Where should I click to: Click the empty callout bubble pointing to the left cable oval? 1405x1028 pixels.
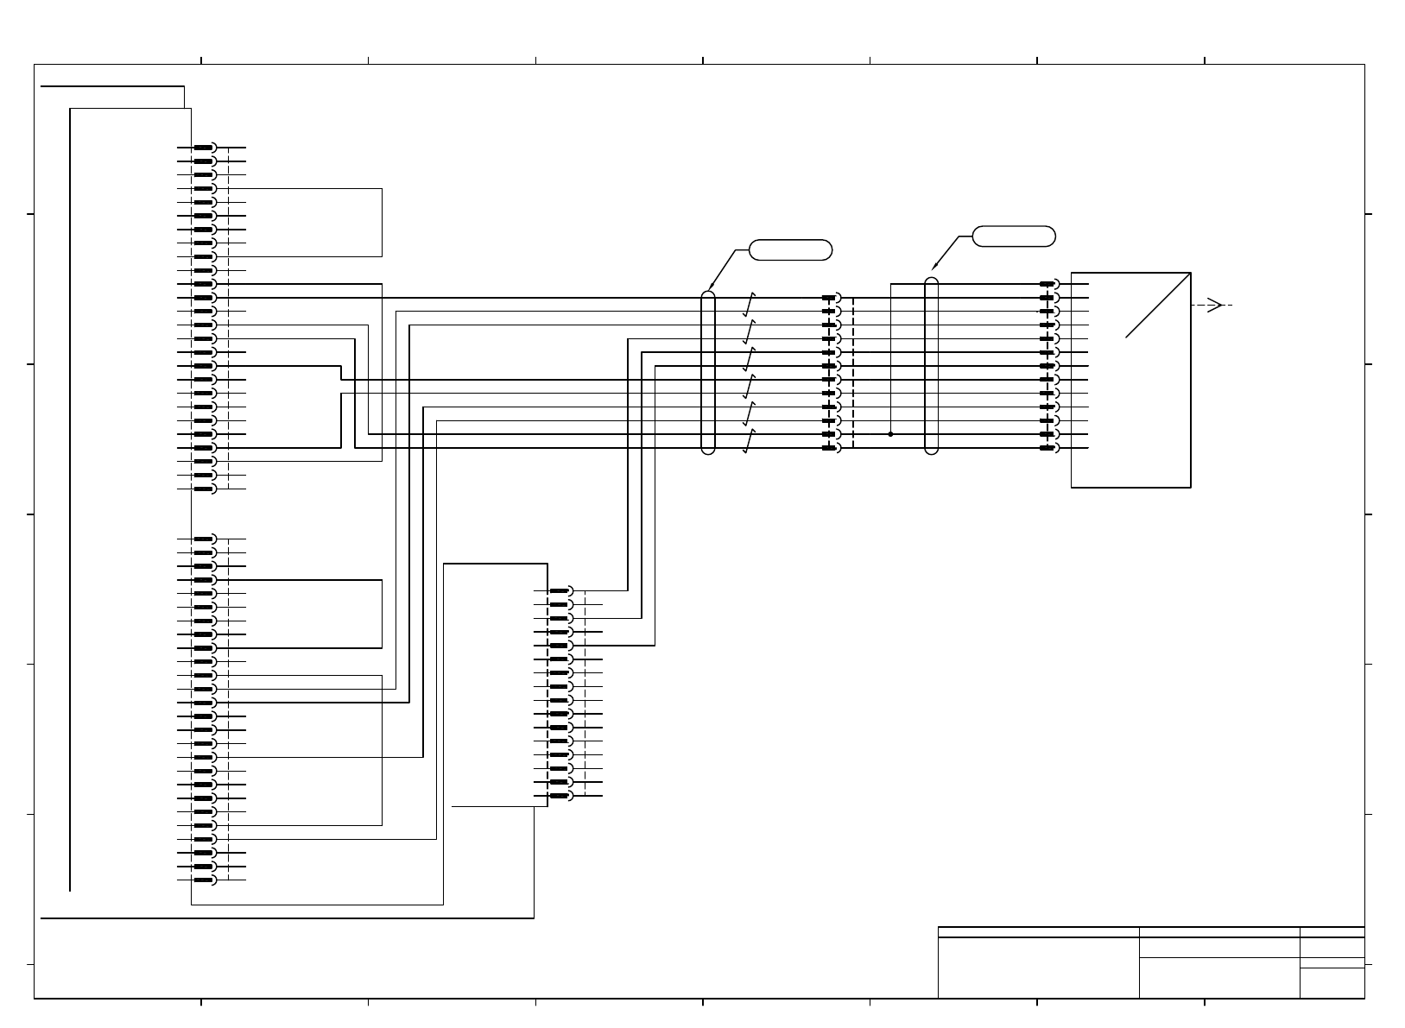click(x=791, y=250)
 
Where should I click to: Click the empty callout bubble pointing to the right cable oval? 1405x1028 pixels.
click(x=1014, y=237)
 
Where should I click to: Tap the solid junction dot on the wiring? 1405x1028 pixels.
click(x=890, y=434)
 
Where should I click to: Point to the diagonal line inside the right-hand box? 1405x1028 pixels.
click(x=1158, y=306)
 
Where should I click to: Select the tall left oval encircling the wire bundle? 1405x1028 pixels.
click(x=708, y=372)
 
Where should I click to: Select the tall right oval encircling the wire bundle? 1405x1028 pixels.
click(x=931, y=365)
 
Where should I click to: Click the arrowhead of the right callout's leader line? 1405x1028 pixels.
click(x=934, y=268)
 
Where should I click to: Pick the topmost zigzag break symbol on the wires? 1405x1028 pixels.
click(x=750, y=303)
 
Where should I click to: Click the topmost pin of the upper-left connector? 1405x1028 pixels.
click(x=204, y=148)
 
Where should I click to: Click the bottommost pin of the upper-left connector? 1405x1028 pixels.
click(x=204, y=489)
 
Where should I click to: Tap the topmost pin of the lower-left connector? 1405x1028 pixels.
click(x=204, y=539)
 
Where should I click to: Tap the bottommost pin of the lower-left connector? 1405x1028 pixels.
click(x=204, y=880)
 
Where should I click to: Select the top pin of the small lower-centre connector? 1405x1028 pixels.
click(x=561, y=591)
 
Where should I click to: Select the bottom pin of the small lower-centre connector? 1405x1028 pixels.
click(x=561, y=795)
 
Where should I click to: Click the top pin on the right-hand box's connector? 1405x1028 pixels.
click(x=1049, y=284)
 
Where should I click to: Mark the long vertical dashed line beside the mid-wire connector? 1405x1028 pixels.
click(x=853, y=373)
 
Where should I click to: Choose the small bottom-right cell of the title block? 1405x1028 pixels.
click(x=1332, y=983)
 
